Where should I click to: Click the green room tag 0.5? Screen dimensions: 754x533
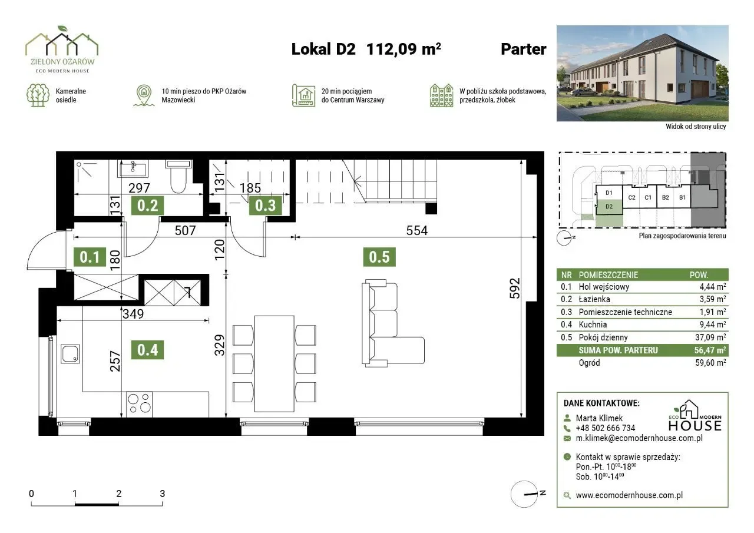click(379, 257)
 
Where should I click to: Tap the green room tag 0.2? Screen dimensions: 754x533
click(147, 206)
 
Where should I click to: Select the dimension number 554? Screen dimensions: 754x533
click(416, 230)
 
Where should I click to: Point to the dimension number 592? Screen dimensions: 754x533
click(515, 288)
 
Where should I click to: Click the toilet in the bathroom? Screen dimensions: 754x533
click(178, 176)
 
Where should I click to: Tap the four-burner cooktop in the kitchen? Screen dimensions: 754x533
click(140, 404)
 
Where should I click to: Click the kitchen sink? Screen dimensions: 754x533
click(70, 353)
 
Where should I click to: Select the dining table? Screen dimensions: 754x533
click(275, 364)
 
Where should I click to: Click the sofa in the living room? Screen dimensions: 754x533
click(392, 323)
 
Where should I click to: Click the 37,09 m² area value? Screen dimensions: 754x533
click(710, 337)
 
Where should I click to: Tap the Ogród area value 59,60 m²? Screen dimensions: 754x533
click(710, 363)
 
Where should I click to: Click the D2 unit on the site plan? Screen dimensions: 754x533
click(609, 207)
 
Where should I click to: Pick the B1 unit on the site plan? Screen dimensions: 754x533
click(682, 197)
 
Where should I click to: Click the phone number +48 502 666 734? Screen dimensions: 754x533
click(605, 428)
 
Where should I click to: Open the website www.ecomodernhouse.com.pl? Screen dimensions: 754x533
click(629, 495)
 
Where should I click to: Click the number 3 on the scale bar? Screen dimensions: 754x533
click(162, 494)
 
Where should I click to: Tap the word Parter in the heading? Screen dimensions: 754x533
click(524, 49)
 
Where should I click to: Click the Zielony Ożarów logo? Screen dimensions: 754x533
click(62, 49)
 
